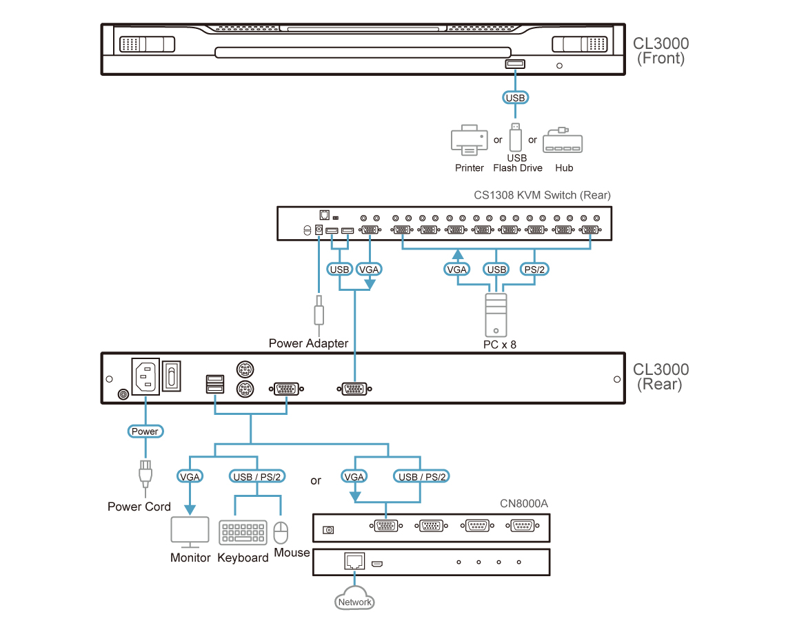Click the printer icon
coord(468,140)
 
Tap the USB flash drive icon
coord(515,137)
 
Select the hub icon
coord(563,142)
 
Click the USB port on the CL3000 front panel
coord(515,65)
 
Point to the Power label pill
coord(145,431)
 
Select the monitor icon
coord(190,531)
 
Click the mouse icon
coord(281,533)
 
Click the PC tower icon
coord(496,314)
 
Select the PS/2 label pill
coord(534,269)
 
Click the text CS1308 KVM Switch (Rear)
coord(542,195)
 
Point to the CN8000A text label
coord(524,503)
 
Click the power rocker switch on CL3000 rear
coord(172,376)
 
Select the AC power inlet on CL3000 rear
coord(145,376)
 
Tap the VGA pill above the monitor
coord(189,476)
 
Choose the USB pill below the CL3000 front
coord(515,98)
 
